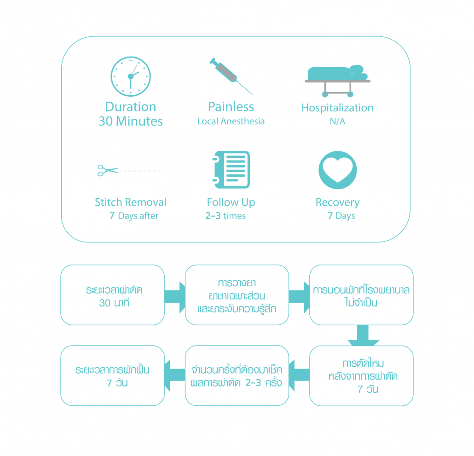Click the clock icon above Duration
(131, 76)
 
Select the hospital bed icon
(337, 80)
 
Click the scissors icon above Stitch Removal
(108, 171)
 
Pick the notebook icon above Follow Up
(231, 169)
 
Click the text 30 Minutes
(131, 121)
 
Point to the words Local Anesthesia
(231, 121)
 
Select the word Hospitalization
(337, 108)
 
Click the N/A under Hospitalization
(337, 122)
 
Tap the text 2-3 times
(225, 216)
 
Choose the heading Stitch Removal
(131, 202)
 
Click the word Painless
(231, 107)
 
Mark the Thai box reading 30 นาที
(112, 295)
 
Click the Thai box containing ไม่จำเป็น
(361, 295)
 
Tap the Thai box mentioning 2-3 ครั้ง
(237, 375)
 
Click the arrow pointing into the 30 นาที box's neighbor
(175, 295)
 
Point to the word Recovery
(337, 202)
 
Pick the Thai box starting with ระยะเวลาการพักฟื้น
(112, 375)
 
